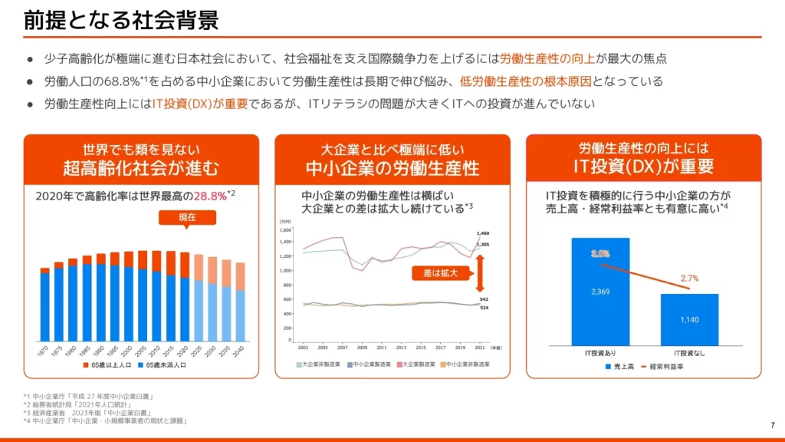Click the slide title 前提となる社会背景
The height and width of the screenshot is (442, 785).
[x=121, y=21]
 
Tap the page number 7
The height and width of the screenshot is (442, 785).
[x=771, y=425]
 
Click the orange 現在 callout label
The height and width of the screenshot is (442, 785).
[x=187, y=218]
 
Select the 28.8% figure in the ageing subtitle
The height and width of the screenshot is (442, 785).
[x=209, y=196]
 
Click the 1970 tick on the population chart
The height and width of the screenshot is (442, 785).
[x=44, y=350]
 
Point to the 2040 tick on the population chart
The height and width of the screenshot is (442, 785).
[x=239, y=350]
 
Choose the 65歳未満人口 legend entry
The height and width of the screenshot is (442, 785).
[x=163, y=365]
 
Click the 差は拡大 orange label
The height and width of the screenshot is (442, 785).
[x=440, y=272]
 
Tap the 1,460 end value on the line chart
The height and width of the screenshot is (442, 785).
[x=482, y=233]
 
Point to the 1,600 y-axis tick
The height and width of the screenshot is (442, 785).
[x=285, y=230]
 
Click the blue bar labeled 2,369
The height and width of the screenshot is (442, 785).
[x=600, y=292]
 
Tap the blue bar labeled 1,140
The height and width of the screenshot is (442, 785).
[x=689, y=319]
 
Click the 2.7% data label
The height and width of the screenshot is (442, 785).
[x=689, y=279]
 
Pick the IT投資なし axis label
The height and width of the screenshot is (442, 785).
[x=688, y=352]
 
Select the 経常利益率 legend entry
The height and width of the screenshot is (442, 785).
[x=664, y=368]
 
